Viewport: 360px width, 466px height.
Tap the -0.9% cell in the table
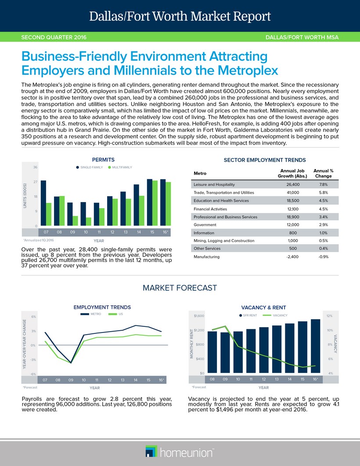[x=323, y=256]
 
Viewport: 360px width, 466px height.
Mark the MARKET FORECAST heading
[x=180, y=288]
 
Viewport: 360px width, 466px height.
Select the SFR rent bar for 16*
[x=315, y=346]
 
